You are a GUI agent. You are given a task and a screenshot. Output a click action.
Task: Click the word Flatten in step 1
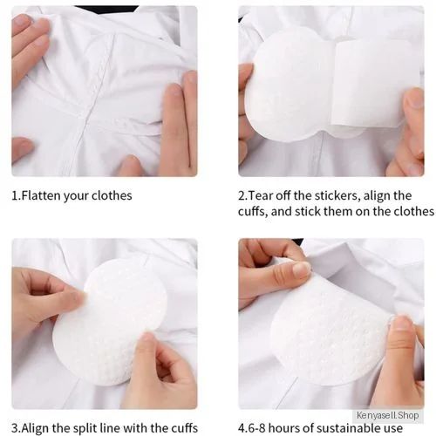point(41,195)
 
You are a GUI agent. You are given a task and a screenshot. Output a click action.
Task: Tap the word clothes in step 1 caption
point(112,195)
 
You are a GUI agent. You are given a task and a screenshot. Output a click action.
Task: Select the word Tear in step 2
point(261,195)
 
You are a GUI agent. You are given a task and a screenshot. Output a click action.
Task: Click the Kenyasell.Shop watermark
point(388,415)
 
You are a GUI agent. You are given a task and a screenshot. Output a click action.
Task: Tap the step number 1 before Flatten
point(15,195)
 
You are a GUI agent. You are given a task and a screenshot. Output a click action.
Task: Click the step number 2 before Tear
point(242,195)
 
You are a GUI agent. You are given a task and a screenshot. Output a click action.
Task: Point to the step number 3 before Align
point(15,428)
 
